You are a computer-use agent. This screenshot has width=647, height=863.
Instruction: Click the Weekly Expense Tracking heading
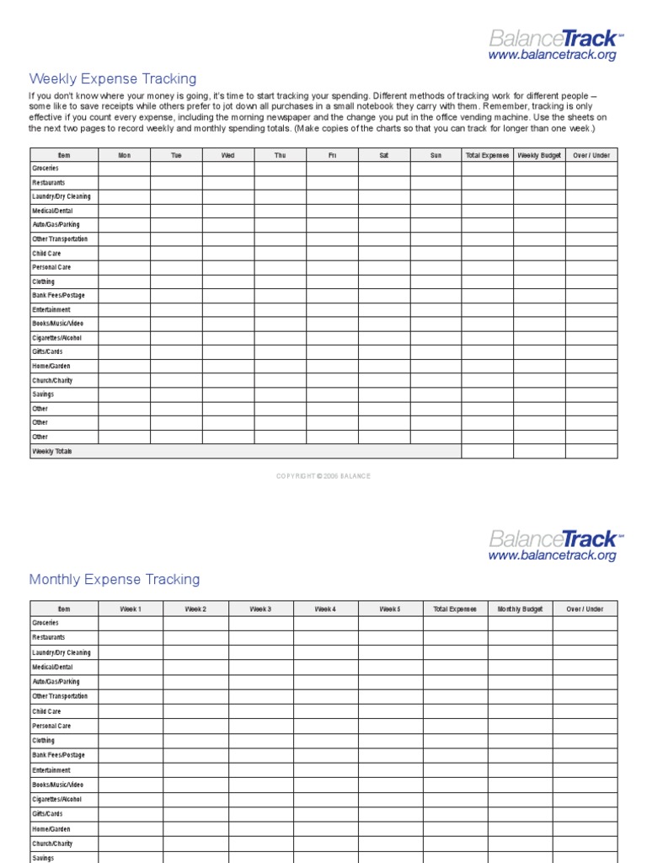113,79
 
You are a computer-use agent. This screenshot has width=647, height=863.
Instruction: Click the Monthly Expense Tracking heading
115,580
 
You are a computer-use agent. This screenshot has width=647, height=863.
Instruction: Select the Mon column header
125,155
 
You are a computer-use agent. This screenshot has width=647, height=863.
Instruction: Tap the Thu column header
280,155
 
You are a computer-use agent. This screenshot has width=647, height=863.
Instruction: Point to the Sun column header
436,155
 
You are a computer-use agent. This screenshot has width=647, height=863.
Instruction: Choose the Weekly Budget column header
539,155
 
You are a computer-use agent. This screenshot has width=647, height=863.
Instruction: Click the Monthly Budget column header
520,608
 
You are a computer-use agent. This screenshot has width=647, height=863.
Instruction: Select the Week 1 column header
131,608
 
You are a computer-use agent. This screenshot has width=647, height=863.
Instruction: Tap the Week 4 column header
325,608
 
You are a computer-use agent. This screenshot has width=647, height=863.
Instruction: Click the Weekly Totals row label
52,452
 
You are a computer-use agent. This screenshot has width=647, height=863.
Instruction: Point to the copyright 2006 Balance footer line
323,476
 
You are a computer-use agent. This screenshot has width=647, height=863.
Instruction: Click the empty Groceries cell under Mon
125,169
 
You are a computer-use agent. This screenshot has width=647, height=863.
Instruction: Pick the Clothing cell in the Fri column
332,281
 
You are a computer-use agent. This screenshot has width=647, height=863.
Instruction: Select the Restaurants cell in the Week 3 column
260,638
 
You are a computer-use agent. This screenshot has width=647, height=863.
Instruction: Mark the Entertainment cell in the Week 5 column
390,770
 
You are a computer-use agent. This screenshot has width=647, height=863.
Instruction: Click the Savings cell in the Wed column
228,394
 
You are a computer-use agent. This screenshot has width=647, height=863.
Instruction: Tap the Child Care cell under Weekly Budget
539,254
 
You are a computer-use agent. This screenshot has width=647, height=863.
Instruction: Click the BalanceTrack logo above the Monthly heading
553,539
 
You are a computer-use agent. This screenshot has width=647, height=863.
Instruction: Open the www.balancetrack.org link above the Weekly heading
552,55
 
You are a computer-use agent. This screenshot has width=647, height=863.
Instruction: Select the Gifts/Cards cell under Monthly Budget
520,814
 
